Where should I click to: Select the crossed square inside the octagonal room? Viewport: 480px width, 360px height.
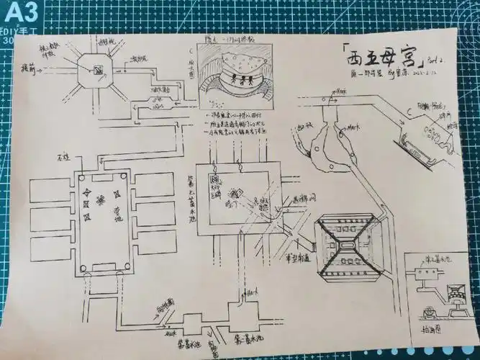click(x=96, y=71)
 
